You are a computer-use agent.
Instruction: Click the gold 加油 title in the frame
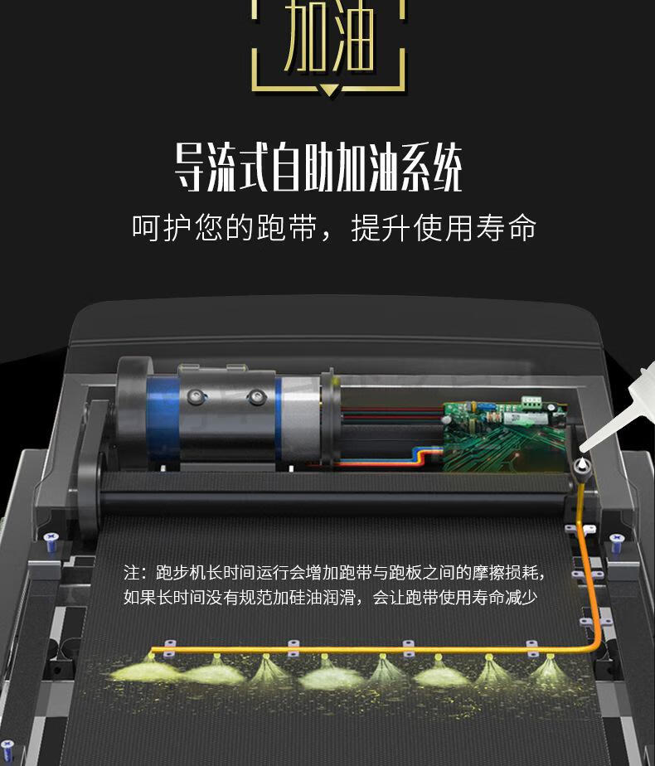328,39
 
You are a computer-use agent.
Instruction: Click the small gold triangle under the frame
328,90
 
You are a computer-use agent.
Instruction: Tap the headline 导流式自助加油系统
318,168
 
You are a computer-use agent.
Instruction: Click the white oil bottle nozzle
589,444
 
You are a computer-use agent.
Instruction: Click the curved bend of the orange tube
594,642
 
